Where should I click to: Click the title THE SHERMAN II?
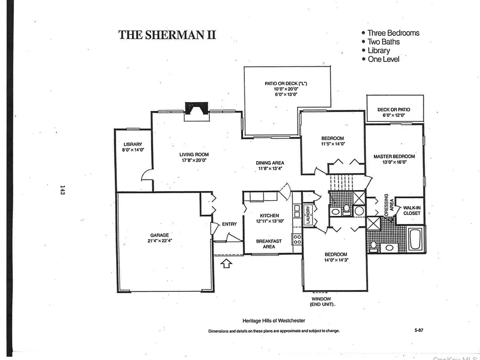[167, 35]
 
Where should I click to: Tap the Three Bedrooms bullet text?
[394, 33]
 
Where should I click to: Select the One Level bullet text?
[384, 59]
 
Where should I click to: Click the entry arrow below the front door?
[226, 263]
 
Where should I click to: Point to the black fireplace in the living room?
[196, 108]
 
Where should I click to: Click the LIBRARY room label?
[133, 144]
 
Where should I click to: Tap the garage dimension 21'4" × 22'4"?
[160, 240]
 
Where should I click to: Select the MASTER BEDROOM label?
[394, 156]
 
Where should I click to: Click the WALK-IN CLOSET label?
[412, 211]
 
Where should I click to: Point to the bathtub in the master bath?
[416, 239]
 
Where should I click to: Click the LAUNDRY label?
[308, 214]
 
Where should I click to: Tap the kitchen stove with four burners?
[297, 239]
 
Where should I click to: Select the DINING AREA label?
[270, 163]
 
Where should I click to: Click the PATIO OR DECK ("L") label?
[286, 83]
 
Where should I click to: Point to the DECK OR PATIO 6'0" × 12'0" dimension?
[394, 115]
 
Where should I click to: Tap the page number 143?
[62, 190]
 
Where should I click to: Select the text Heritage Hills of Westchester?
[274, 321]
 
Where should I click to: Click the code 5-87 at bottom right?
[419, 330]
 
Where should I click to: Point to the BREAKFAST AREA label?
[269, 244]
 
